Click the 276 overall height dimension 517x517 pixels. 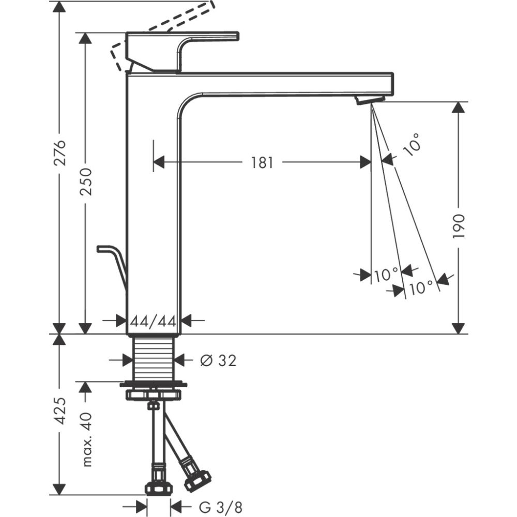[61, 153]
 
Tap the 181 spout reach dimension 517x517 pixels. [262, 163]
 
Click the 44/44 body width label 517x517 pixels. [154, 321]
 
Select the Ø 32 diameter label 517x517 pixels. [218, 360]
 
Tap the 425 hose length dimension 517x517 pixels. [61, 411]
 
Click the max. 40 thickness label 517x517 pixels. [86, 439]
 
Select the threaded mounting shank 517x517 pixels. [154, 358]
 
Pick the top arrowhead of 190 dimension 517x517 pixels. [458, 107]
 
